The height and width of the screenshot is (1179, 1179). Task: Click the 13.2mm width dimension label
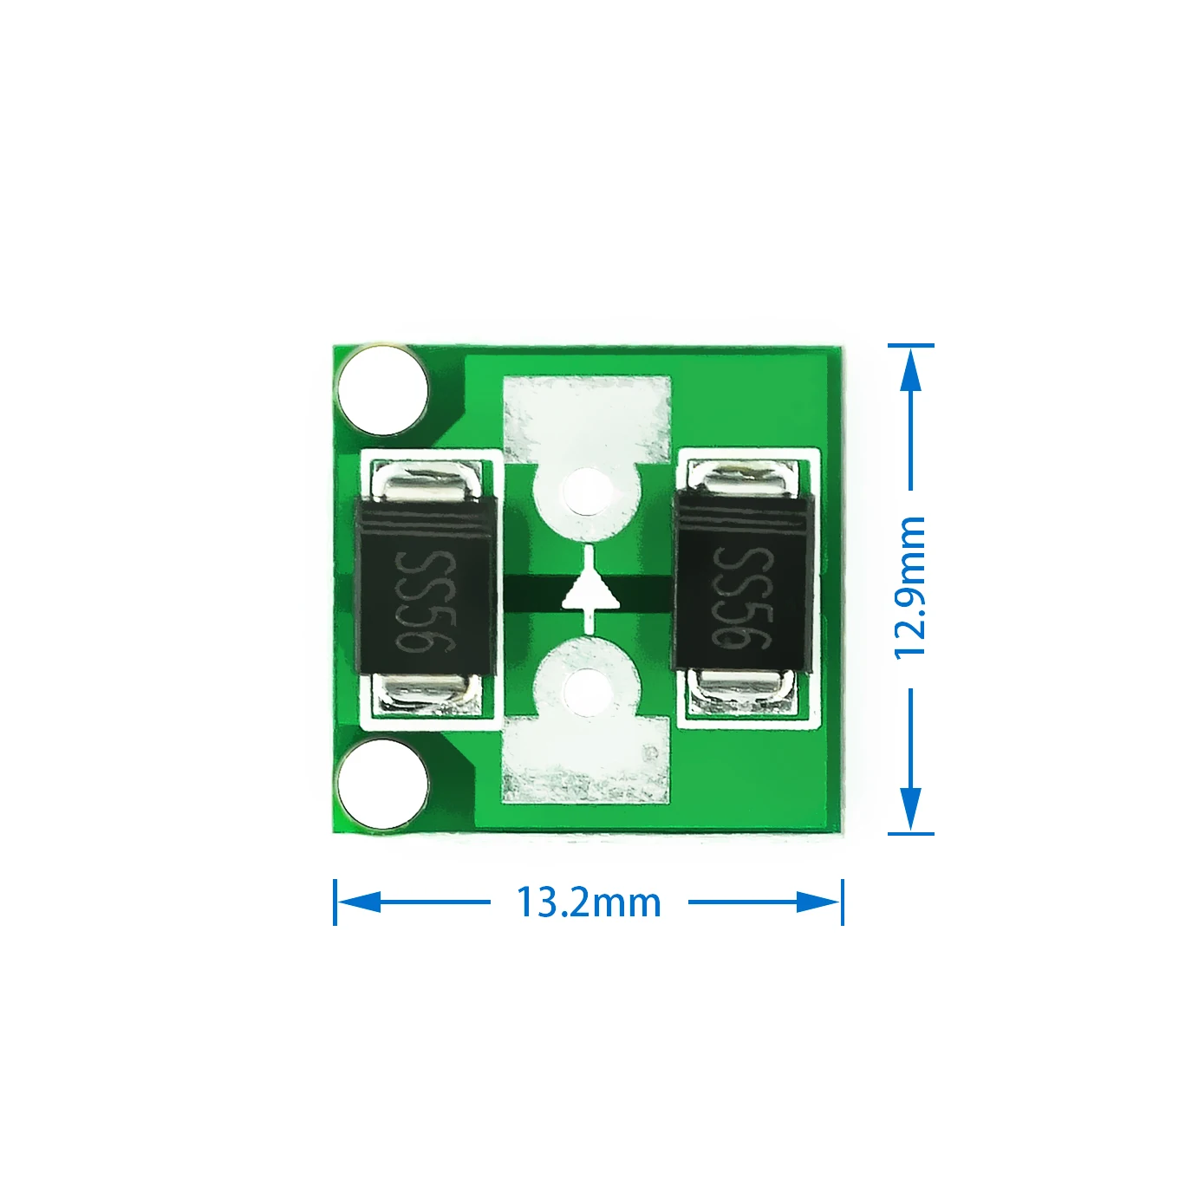[x=589, y=902]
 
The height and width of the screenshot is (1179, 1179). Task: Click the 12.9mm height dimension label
[x=910, y=588]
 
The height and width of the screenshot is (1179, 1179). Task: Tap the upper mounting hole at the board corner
[x=382, y=390]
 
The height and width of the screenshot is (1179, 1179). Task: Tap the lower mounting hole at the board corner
[x=382, y=785]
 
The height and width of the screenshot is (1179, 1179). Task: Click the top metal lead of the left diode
[x=426, y=481]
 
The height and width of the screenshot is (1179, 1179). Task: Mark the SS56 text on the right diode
[x=743, y=598]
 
